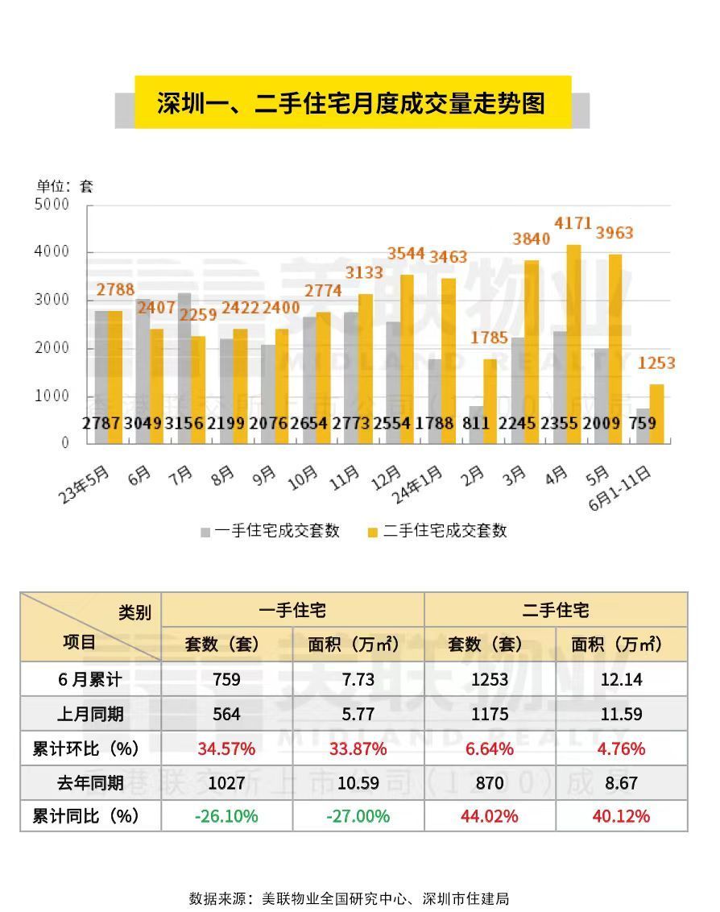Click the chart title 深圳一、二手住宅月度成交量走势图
pyautogui.click(x=352, y=103)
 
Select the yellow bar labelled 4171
pyautogui.click(x=573, y=342)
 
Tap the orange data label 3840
pyautogui.click(x=532, y=238)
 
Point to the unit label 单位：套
pyautogui.click(x=65, y=186)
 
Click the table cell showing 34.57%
pyautogui.click(x=226, y=748)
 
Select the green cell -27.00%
pyautogui.click(x=358, y=816)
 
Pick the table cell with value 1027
pyautogui.click(x=226, y=782)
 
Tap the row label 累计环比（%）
pyautogui.click(x=85, y=748)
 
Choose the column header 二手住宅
pyautogui.click(x=555, y=610)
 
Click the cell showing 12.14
pyautogui.click(x=621, y=679)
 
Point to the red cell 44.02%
pyautogui.click(x=489, y=816)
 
